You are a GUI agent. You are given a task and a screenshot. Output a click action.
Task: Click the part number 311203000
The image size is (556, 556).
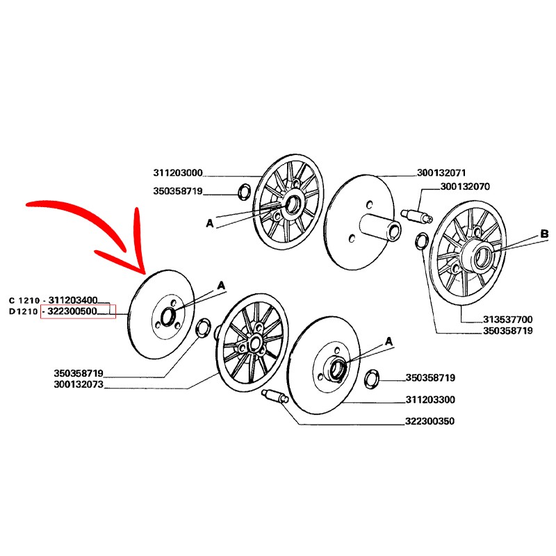179,173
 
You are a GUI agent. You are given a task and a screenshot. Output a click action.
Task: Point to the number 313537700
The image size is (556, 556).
508,320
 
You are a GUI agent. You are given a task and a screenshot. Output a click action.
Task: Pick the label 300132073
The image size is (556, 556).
78,384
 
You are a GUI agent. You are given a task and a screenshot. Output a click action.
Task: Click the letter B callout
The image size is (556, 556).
544,235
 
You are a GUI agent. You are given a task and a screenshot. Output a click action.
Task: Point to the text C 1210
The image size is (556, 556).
23,300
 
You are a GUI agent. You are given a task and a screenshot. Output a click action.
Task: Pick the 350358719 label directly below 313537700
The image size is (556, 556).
508,332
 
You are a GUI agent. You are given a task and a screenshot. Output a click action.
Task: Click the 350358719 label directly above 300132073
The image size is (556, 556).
78,373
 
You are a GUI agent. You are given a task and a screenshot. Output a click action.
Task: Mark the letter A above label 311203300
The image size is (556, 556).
389,341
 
